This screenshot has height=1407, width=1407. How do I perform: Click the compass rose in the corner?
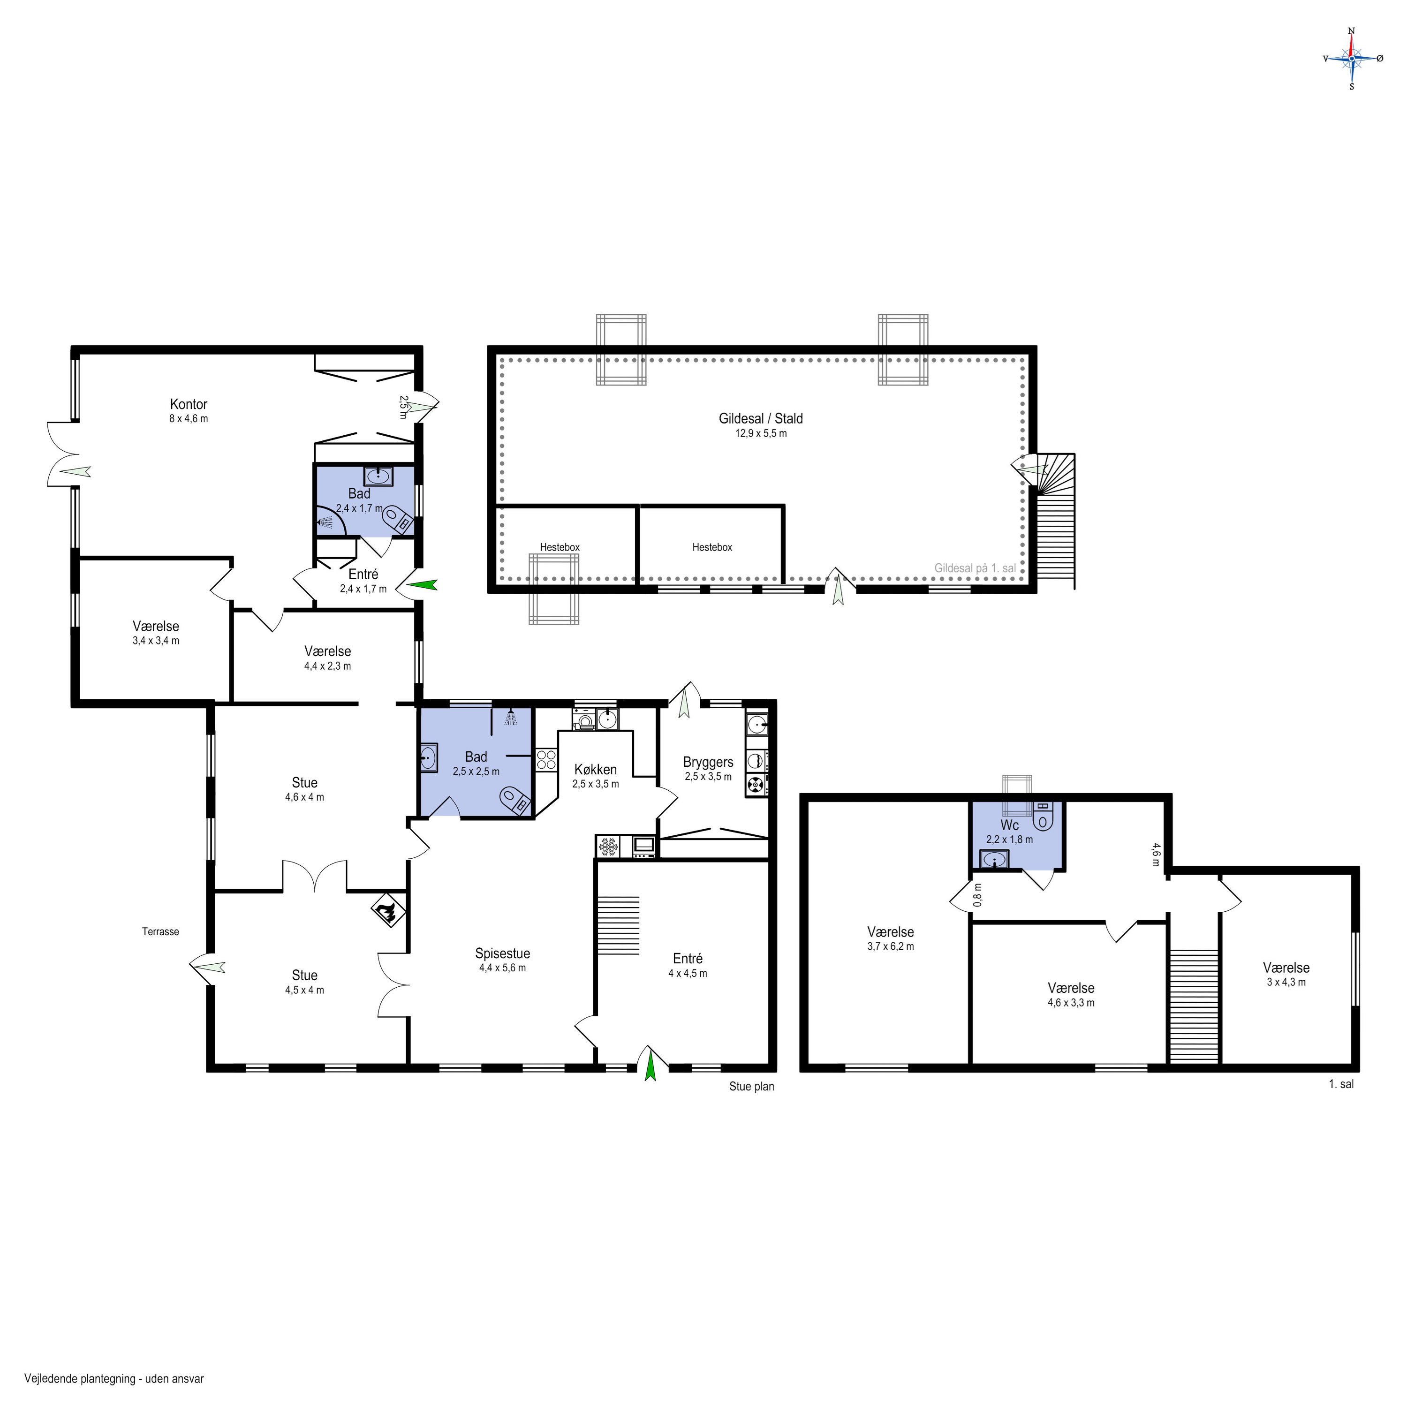click(1352, 58)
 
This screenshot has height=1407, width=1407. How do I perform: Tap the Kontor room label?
click(189, 404)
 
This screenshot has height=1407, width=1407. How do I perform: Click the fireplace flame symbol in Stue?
click(387, 912)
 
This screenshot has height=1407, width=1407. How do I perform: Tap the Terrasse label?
click(160, 931)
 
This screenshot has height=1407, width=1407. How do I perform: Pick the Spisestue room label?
click(502, 953)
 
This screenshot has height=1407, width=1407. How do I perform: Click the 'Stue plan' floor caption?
click(751, 1087)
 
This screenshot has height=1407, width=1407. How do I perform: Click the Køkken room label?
click(595, 770)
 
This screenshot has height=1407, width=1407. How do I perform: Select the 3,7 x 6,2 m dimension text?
click(891, 947)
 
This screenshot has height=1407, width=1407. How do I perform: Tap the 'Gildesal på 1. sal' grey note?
click(975, 568)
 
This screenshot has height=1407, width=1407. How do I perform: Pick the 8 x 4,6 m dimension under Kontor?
click(189, 419)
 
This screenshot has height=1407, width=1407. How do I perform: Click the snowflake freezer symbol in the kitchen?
click(607, 846)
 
